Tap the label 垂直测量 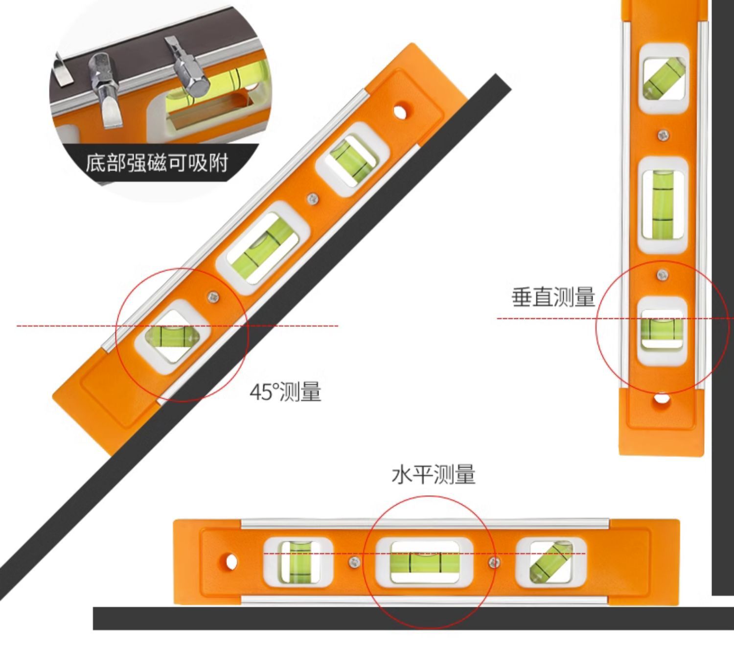(553, 297)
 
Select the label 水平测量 (433, 475)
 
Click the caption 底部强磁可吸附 (157, 163)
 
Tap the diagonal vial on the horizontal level (551, 562)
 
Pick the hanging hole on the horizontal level (230, 562)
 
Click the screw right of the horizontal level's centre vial (494, 562)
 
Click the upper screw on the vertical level (663, 135)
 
